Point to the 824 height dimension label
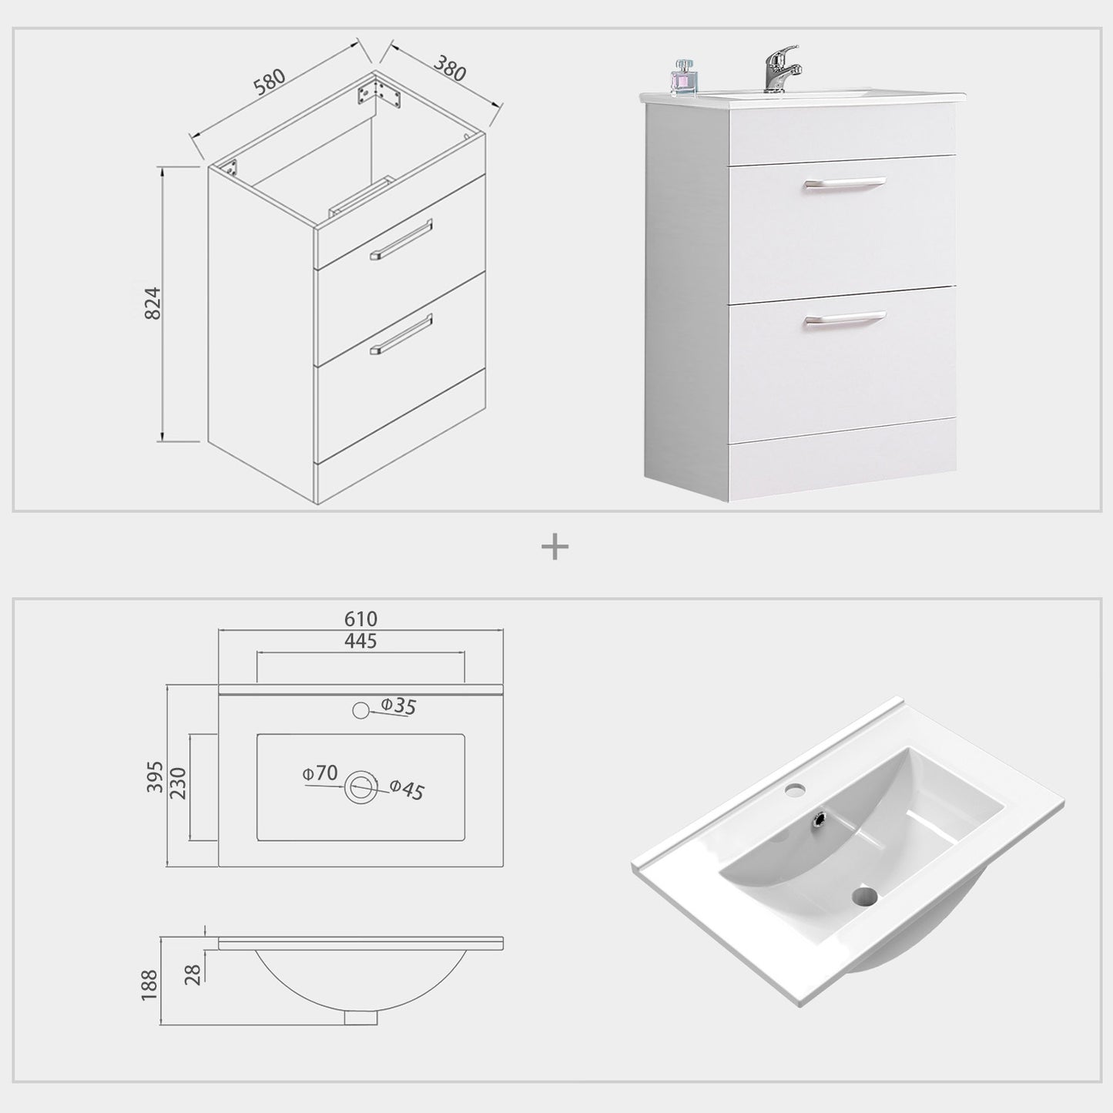(x=153, y=303)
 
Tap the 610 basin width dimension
(x=360, y=619)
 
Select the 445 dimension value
(x=360, y=640)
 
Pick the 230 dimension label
(x=178, y=784)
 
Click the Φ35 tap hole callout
(x=398, y=706)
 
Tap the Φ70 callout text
(x=320, y=773)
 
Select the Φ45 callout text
(x=407, y=789)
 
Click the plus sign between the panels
(x=555, y=548)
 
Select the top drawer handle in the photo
(x=843, y=183)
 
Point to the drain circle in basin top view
(x=360, y=787)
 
